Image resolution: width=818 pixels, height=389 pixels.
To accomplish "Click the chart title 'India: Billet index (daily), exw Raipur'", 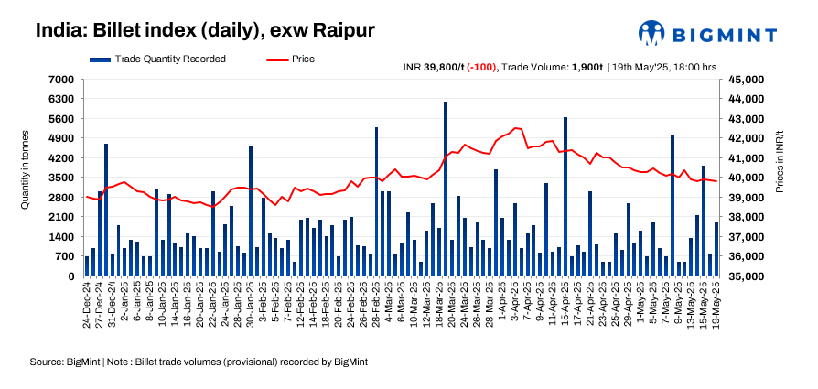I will (205, 30).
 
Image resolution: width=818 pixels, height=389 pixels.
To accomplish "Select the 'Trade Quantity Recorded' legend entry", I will (158, 59).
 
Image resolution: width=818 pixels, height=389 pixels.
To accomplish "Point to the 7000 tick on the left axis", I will (62, 79).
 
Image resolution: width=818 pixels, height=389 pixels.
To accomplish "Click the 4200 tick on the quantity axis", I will (62, 157).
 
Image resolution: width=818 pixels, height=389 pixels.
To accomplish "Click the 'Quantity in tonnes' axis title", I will (26, 169).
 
